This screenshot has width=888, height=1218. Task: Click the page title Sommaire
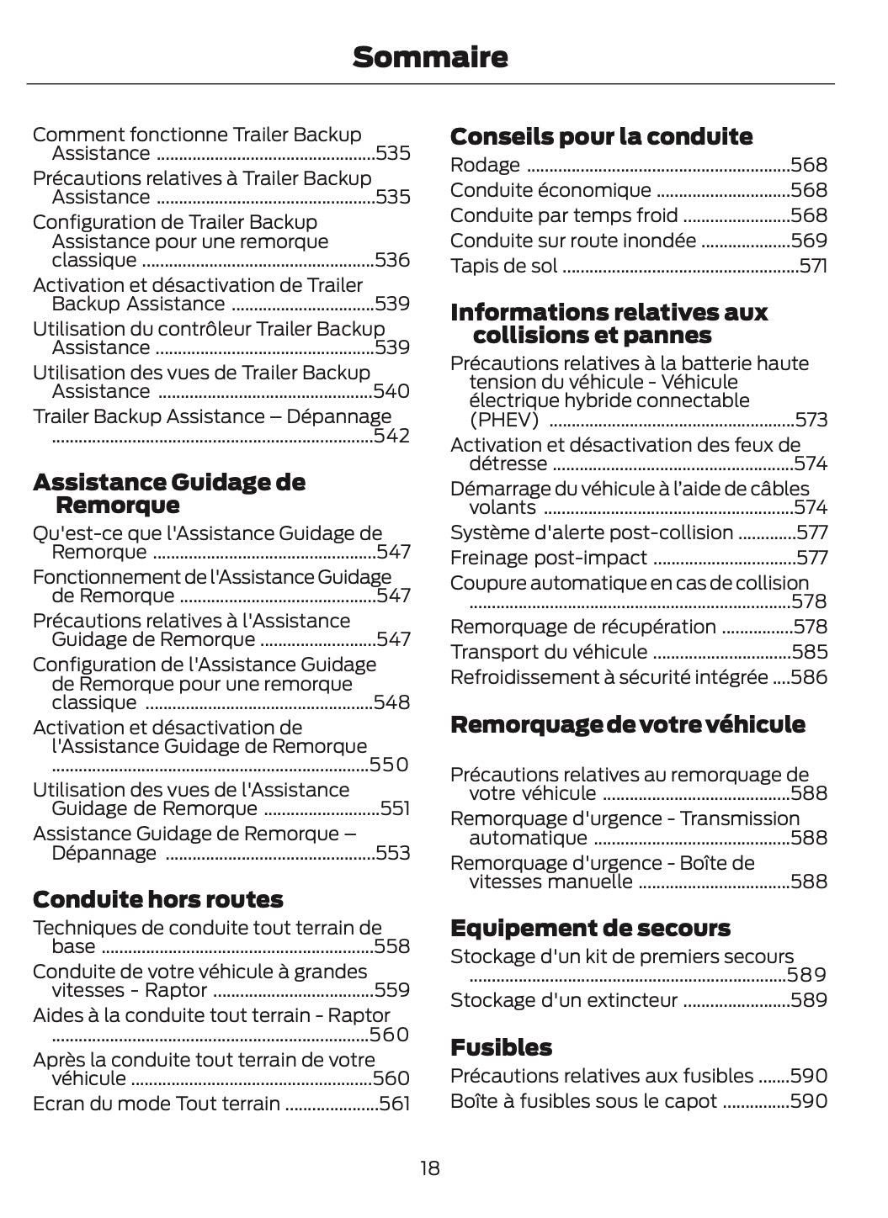430,57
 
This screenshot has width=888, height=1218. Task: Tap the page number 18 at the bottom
429,1168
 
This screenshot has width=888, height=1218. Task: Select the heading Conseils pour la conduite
601,136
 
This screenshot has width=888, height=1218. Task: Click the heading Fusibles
501,1047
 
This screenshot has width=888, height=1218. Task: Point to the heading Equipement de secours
590,928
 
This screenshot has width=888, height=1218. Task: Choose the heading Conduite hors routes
157,899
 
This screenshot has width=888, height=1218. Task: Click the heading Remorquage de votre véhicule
627,724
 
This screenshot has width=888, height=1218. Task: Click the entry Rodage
485,165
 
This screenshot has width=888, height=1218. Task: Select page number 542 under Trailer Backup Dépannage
391,436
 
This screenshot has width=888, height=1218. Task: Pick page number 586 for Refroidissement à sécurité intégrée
809,677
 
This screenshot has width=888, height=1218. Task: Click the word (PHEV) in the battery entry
503,420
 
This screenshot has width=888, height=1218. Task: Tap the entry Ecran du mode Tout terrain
157,1104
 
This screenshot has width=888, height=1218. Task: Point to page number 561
395,1104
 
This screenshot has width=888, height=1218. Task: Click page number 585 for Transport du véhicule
810,652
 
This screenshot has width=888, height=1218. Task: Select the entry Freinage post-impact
549,558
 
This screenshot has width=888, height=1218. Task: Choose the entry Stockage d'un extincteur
564,1000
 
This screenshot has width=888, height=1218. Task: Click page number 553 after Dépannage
393,853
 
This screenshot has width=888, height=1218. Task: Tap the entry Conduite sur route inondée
573,241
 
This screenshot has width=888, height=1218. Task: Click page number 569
810,241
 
